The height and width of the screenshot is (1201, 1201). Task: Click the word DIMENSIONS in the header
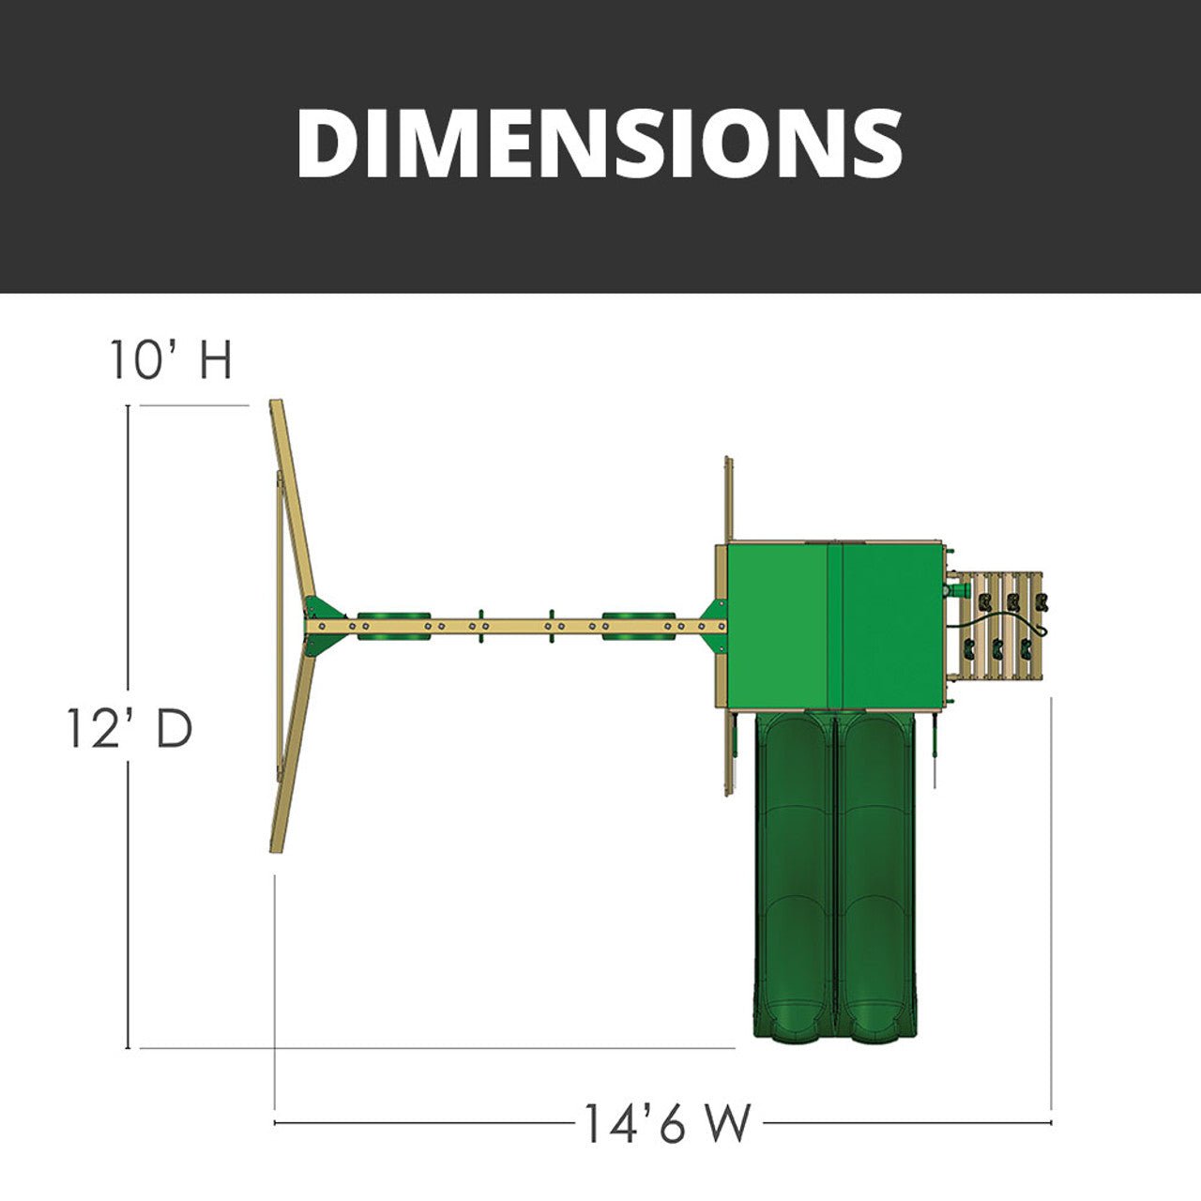[x=600, y=144]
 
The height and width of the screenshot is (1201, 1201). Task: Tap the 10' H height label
[x=171, y=360]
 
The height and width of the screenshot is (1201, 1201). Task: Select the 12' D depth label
[x=129, y=730]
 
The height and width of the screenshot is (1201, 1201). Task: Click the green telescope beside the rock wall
[x=958, y=589]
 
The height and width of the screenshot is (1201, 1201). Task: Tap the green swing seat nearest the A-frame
[x=394, y=626]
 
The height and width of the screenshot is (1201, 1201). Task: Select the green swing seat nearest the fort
[x=638, y=626]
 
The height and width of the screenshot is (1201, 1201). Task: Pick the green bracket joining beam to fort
[x=714, y=625]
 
